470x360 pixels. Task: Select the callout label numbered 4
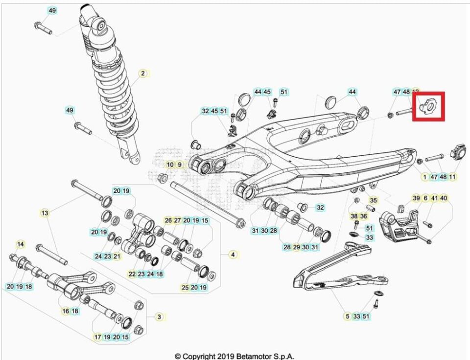point(233,255)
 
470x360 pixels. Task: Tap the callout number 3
point(159,317)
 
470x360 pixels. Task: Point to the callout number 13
point(45,213)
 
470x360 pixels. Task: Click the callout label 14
point(21,244)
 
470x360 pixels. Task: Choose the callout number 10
point(170,165)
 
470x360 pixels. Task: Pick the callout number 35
point(374,200)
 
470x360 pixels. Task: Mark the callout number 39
point(416,198)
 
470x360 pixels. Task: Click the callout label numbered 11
point(452,177)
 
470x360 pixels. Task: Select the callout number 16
point(66,311)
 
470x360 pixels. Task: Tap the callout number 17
point(98,337)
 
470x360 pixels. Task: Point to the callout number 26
point(168,221)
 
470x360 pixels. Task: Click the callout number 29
point(296,247)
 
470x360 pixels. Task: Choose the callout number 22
point(132,274)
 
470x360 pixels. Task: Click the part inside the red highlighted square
point(428,105)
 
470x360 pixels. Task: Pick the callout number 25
point(185,288)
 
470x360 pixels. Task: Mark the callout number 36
point(364,216)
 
